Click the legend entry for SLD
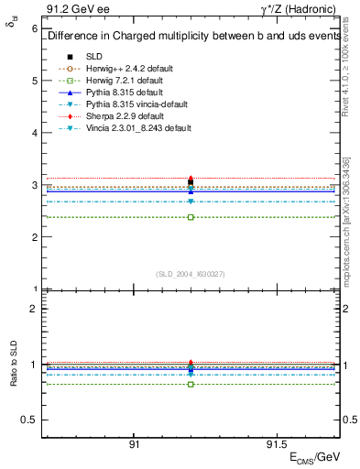pos(94,57)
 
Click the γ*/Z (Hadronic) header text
pos(299,9)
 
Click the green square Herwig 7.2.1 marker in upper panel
pos(191,217)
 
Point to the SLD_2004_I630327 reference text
pos(191,273)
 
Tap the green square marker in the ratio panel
pos(191,384)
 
